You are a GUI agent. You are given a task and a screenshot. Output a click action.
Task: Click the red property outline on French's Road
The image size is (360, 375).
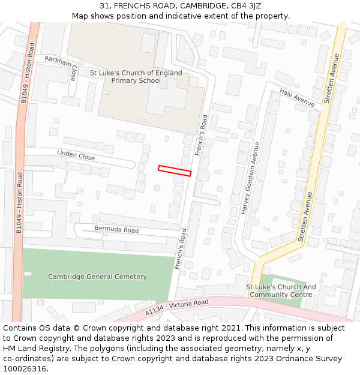pos(175,170)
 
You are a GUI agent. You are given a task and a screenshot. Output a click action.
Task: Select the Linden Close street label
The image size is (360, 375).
pos(76,155)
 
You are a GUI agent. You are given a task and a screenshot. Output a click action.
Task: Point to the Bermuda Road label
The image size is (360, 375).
pos(116,230)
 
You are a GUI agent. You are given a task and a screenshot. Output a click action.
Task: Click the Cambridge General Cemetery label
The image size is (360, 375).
pos(97,277)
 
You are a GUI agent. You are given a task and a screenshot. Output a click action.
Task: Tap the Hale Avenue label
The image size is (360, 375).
pos(297,98)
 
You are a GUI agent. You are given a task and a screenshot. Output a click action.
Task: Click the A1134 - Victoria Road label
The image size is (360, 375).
pos(177,308)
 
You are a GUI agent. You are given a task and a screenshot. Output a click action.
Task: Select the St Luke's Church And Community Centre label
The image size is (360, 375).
pos(281,291)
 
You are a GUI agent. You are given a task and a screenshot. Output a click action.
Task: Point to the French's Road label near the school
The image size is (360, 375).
pos(202,136)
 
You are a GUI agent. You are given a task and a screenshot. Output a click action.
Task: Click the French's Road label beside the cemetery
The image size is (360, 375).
pos(181,248)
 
